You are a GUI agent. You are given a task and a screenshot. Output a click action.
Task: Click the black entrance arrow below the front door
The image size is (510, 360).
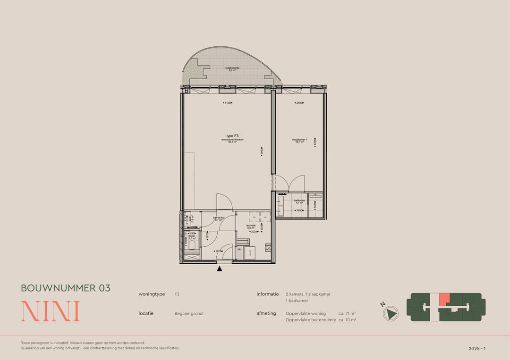220,269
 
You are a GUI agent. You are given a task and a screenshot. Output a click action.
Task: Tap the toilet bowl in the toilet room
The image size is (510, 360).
192,245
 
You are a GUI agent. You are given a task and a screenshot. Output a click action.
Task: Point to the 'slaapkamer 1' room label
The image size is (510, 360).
299,140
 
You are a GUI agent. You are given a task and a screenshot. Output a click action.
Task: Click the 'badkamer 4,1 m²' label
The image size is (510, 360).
299,201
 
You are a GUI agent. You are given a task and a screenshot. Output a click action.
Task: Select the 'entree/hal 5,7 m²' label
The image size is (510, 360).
218,219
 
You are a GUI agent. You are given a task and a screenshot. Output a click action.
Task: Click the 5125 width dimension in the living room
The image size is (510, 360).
229,103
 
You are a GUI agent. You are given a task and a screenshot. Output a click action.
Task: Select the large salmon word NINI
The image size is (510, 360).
50,311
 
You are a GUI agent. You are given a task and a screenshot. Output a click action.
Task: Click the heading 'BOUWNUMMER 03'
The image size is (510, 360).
66,288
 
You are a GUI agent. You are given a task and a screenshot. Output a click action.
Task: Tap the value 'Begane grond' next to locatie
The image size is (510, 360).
188,313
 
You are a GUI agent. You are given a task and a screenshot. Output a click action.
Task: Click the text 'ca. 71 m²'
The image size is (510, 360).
347,313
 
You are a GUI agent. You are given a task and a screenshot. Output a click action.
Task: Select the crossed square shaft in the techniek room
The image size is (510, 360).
268,247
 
